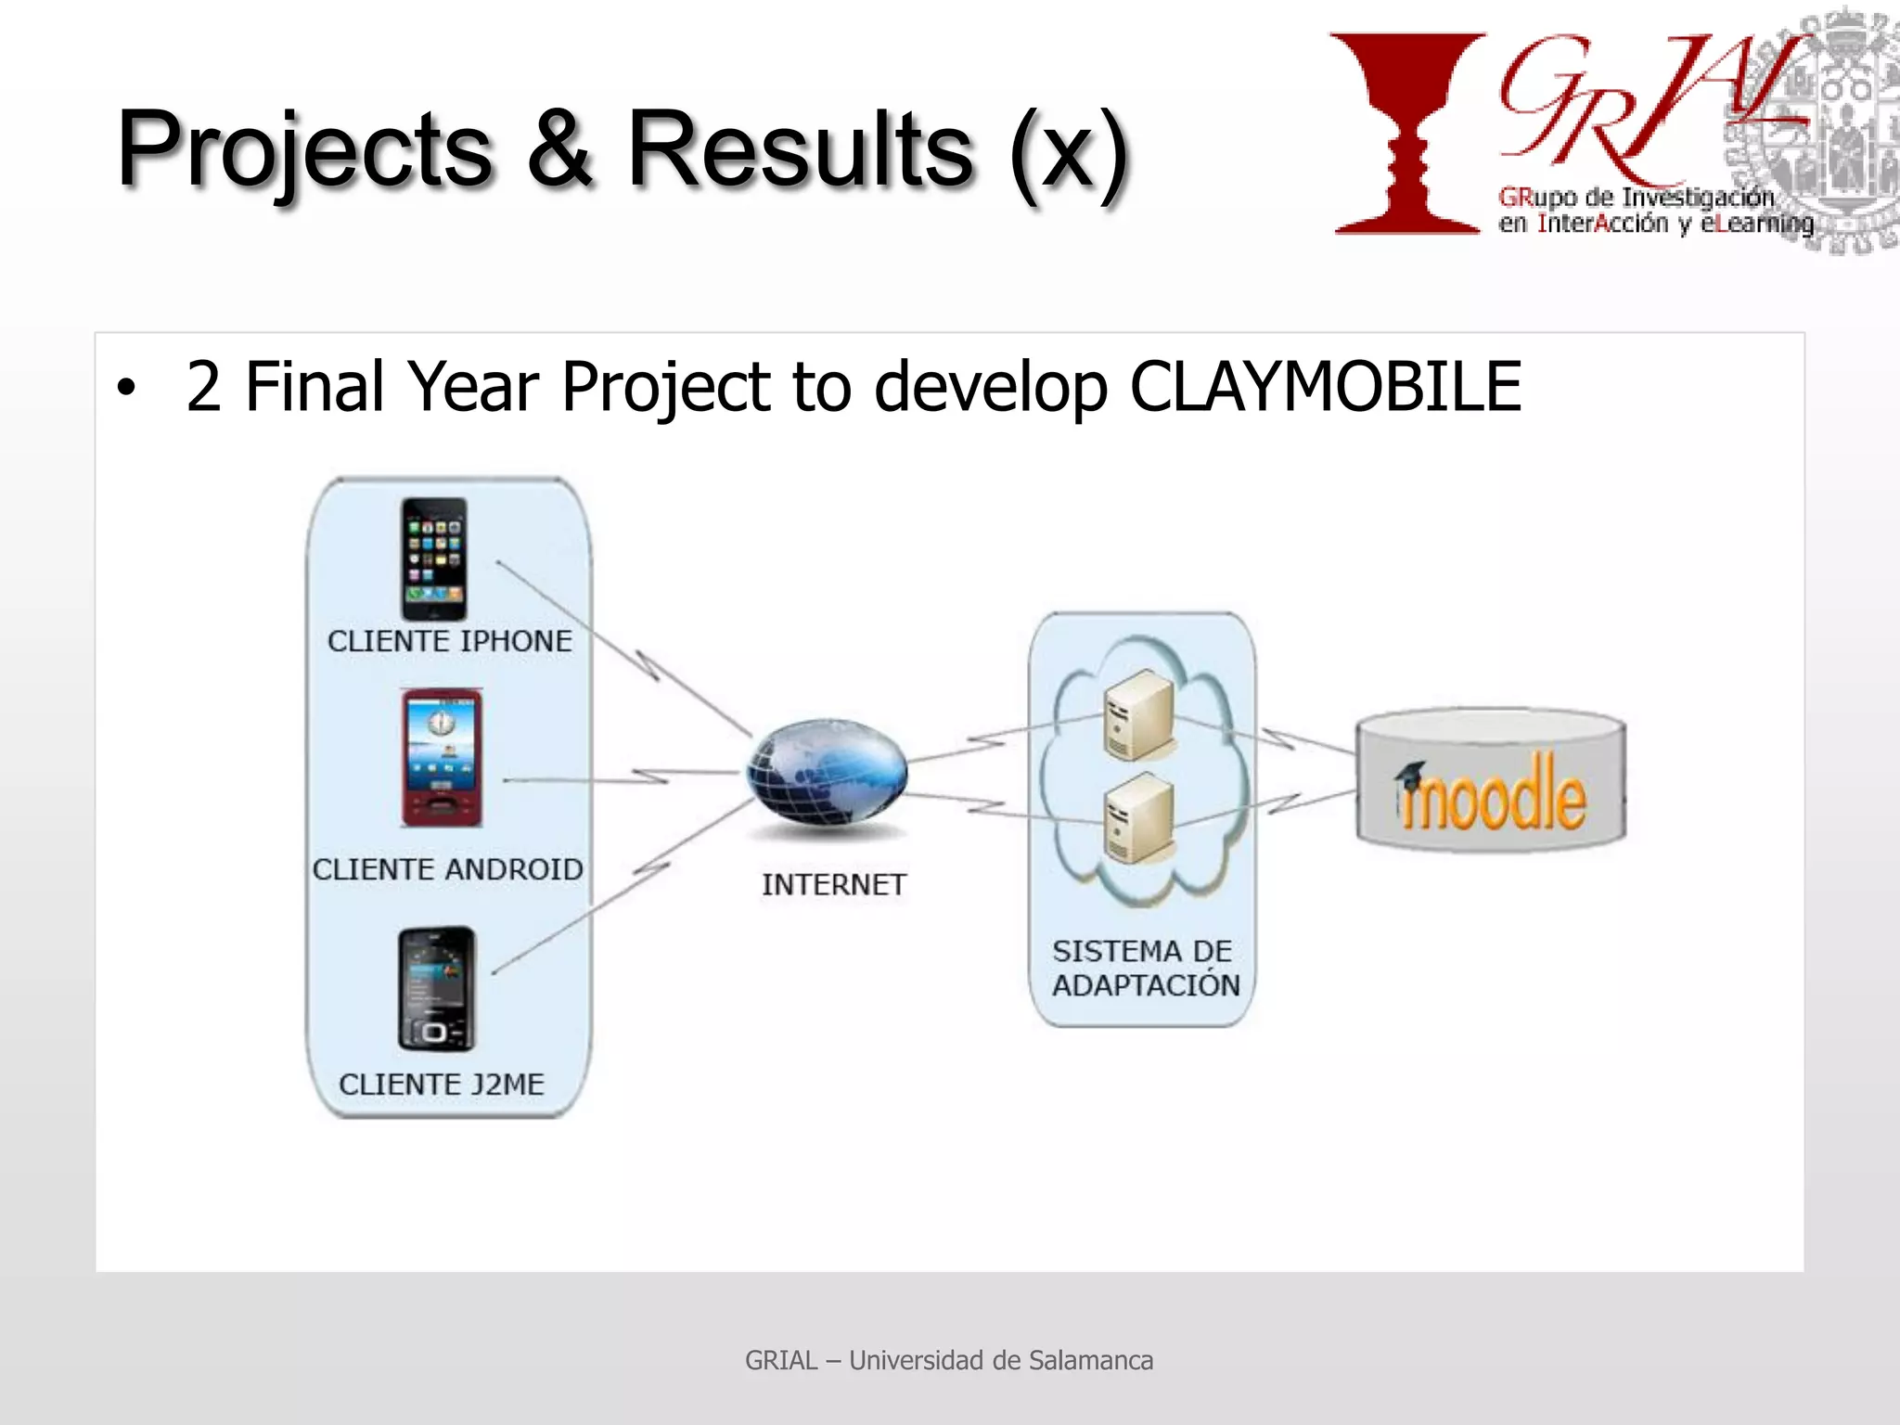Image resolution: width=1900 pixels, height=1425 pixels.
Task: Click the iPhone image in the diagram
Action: click(x=433, y=558)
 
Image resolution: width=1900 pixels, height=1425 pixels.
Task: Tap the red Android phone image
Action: click(x=442, y=757)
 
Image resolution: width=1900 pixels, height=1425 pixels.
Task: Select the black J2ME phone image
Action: click(x=436, y=989)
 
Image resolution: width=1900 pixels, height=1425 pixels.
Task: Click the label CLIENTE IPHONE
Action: click(x=450, y=641)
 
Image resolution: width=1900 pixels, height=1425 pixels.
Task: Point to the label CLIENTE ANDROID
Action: click(x=447, y=869)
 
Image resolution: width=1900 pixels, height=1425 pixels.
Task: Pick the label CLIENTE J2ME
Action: click(x=442, y=1084)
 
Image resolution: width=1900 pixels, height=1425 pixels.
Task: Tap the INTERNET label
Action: click(x=833, y=884)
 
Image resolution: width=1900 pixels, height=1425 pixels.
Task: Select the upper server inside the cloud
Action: click(x=1138, y=715)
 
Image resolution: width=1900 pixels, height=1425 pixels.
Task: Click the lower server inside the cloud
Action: click(x=1138, y=820)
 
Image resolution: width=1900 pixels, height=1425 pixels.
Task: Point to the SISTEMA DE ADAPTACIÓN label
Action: click(x=1145, y=968)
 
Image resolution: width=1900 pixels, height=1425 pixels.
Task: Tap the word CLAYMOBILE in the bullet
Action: click(x=1325, y=387)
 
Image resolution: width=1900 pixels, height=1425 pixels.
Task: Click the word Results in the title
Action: click(x=800, y=148)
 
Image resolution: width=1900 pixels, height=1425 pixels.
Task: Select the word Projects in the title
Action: click(x=304, y=148)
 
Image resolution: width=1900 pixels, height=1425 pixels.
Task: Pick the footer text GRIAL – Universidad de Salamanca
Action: click(x=949, y=1360)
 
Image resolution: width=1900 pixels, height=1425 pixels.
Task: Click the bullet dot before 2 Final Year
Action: click(x=125, y=390)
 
